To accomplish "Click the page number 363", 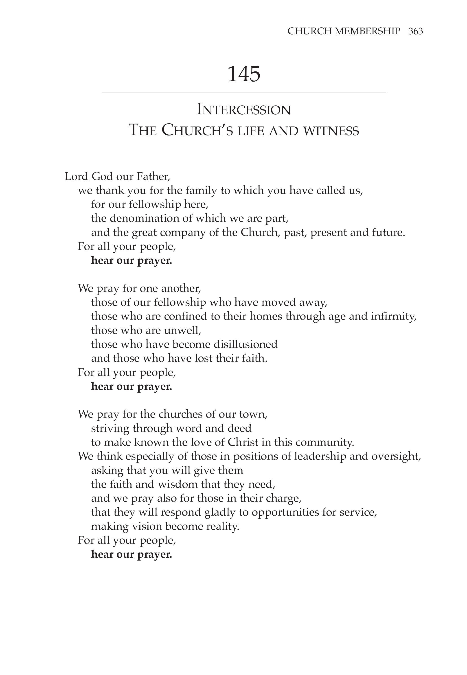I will [416, 31].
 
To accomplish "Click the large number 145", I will [244, 74].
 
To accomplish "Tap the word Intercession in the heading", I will [244, 110].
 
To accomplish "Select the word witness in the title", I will [331, 131].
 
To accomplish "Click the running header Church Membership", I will [344, 31].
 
